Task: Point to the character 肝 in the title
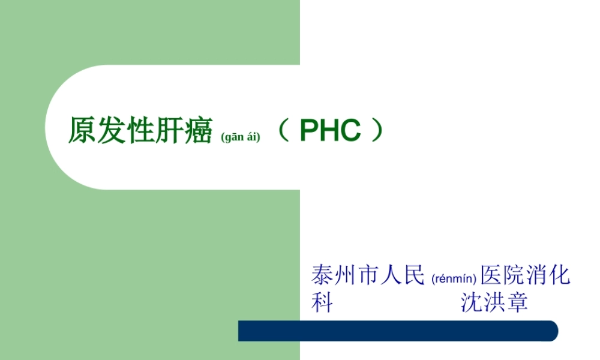point(170,131)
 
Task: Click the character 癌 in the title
point(199,131)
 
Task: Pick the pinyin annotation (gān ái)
point(241,137)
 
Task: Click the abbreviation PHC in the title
point(330,131)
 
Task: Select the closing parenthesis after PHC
point(376,131)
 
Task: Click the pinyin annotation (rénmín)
point(454,278)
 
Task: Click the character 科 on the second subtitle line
point(322,302)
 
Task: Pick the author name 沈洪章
point(494,302)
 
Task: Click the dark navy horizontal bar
point(396,331)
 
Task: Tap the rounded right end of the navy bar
point(551,331)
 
